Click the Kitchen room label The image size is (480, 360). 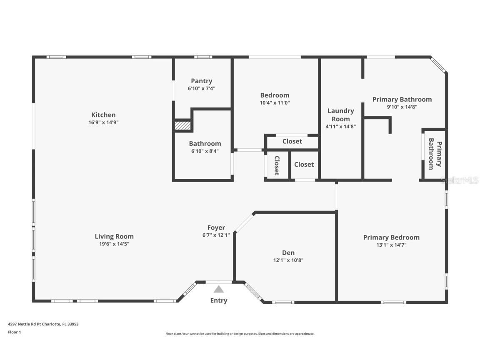[103, 115]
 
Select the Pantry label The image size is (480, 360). [201, 81]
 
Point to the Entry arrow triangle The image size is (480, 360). [219, 289]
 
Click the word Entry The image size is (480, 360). [219, 300]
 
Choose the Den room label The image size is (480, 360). [288, 252]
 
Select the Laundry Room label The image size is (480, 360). [340, 115]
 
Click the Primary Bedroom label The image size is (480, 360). [391, 237]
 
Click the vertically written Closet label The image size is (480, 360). [277, 165]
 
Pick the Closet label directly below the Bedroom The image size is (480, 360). [292, 141]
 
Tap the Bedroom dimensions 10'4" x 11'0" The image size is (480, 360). [275, 102]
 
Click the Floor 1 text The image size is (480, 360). [14, 332]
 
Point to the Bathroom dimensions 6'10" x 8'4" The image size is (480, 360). [205, 151]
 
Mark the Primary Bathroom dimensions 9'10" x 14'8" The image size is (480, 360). [402, 107]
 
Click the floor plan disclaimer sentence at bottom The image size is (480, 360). [240, 334]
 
